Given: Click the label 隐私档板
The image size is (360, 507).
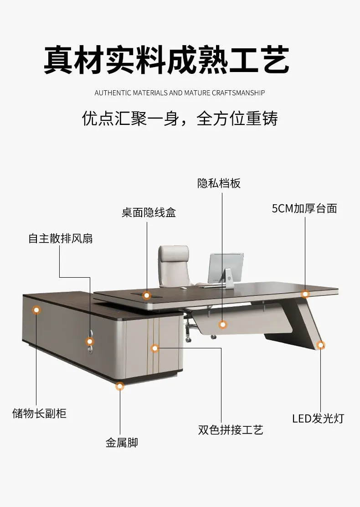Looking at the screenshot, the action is click(219, 183).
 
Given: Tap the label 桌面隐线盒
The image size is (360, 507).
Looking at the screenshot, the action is click(149, 212).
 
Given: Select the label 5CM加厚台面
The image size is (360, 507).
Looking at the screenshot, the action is click(304, 209).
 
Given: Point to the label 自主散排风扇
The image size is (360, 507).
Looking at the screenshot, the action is click(61, 238).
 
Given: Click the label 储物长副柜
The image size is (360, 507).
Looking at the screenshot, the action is click(39, 414).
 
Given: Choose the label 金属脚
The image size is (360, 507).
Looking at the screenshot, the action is click(122, 442).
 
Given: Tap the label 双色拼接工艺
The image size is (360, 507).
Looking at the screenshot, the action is click(231, 429).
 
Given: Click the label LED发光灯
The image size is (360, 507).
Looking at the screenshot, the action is click(318, 418).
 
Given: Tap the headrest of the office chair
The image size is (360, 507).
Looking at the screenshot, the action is click(174, 253).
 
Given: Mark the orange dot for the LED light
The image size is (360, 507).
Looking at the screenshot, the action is click(321, 345).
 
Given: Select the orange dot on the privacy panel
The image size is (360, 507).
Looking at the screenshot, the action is click(222, 325).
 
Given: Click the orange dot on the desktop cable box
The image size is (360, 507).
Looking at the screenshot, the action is click(147, 295).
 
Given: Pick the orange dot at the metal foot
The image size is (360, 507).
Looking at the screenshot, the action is click(120, 387).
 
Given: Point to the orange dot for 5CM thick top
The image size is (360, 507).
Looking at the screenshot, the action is click(305, 294).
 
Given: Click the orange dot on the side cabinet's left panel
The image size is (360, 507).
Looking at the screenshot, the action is click(36, 310).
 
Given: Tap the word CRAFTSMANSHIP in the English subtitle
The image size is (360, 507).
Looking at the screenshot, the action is click(238, 93).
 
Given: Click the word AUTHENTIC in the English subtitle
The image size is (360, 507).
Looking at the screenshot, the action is click(113, 93).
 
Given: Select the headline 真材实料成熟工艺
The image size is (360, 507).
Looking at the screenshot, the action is click(166, 60).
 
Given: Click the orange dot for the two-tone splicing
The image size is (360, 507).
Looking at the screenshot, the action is click(155, 348).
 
